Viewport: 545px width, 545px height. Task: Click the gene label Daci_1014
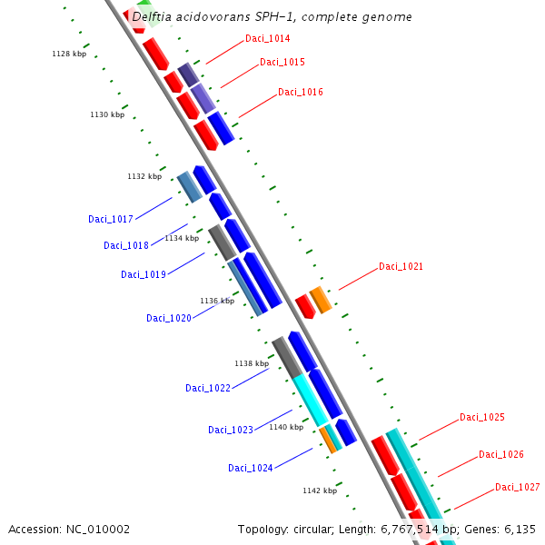tap(267, 39)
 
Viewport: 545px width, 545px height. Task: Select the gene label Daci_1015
tap(282, 63)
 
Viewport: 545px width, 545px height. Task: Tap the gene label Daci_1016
tap(301, 93)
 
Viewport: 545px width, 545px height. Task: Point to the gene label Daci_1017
tap(111, 220)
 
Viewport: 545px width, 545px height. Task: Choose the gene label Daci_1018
tap(126, 246)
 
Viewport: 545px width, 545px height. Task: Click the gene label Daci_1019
tap(144, 275)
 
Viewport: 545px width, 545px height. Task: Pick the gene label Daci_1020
tap(169, 319)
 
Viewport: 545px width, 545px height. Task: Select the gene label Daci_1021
tap(401, 267)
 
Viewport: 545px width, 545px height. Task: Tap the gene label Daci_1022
tap(208, 389)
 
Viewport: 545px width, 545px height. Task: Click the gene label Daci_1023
tap(231, 431)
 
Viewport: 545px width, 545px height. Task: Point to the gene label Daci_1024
tap(251, 469)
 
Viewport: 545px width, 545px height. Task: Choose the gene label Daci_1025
tap(481, 418)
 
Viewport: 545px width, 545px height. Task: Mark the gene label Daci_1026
tap(501, 455)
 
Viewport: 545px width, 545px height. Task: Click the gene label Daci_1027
tap(517, 488)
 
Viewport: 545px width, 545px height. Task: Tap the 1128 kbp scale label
tap(68, 54)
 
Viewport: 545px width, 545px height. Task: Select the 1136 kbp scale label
tap(217, 301)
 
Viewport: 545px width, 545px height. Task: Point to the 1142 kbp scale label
tap(320, 490)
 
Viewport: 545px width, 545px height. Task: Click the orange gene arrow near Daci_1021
tap(321, 299)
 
